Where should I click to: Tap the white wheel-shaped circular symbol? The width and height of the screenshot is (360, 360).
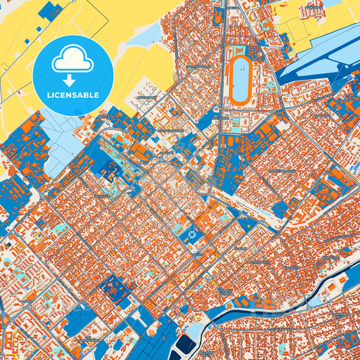click(x=191, y=235)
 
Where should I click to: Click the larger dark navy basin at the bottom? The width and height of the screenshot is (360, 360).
click(x=180, y=349)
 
